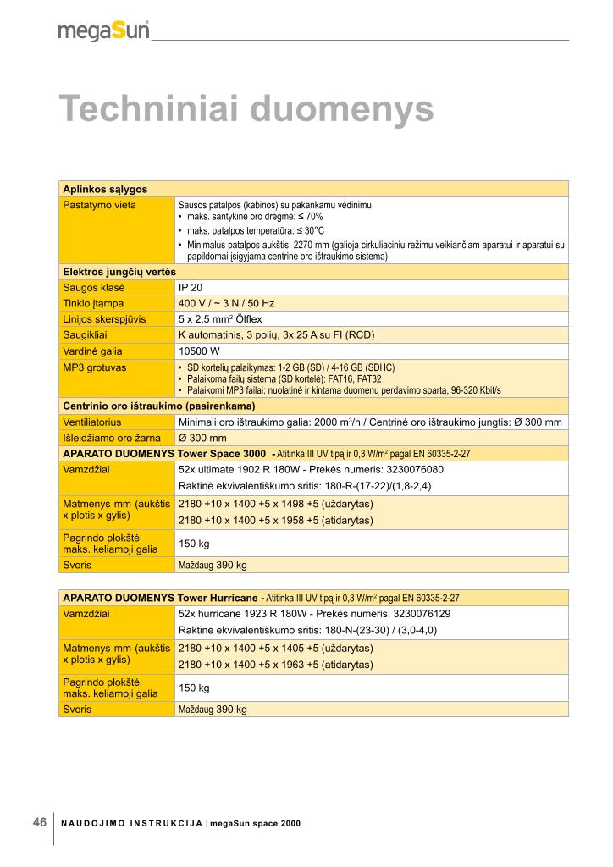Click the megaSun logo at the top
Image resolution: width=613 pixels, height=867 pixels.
tap(103, 30)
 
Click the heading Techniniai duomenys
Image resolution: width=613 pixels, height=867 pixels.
tap(246, 109)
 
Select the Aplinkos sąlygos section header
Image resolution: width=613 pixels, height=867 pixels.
tap(105, 189)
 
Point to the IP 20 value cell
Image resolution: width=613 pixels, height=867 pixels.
tap(191, 287)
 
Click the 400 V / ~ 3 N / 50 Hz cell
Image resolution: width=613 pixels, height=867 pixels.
tap(226, 302)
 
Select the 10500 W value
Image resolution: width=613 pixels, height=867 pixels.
tap(199, 351)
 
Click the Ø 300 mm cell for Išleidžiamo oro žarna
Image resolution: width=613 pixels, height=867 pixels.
tap(202, 438)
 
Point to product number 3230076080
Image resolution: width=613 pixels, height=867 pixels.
tap(412, 469)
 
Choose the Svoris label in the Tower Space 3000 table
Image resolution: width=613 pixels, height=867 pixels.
tap(77, 564)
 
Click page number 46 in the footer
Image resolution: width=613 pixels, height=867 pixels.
tap(40, 822)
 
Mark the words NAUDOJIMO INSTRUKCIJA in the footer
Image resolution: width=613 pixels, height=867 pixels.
tap(131, 823)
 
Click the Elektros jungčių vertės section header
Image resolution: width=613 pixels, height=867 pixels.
tap(119, 271)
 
